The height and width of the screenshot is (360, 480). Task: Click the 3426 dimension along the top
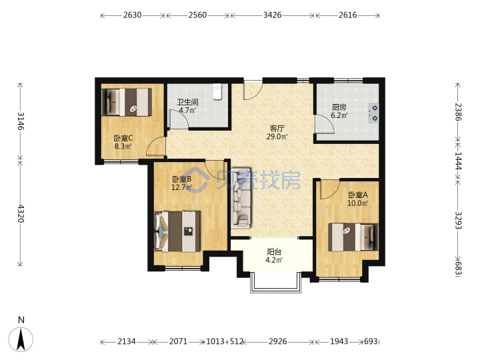272,15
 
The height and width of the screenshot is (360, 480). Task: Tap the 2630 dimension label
132,15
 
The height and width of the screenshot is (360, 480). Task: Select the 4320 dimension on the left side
21,213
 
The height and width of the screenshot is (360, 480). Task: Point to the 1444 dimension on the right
458,161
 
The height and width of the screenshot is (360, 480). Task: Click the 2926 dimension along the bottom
277,341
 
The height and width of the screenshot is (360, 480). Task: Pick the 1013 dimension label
215,341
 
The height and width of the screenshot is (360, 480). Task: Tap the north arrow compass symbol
21,339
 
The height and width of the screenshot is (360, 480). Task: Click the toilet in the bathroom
217,91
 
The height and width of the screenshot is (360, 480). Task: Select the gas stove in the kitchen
373,113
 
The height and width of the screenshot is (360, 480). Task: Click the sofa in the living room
241,198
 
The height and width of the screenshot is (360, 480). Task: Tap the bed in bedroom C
127,102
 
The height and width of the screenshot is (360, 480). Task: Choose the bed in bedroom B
177,231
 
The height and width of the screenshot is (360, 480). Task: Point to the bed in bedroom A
353,237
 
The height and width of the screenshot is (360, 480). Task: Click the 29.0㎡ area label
277,137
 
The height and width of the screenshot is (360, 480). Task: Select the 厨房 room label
339,107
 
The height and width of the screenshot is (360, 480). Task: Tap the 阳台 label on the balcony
274,252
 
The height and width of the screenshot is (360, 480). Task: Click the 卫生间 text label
187,102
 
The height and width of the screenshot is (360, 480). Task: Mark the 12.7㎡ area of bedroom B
181,187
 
